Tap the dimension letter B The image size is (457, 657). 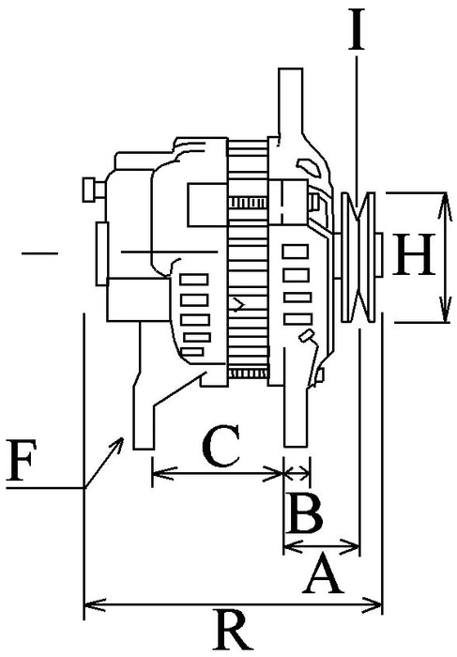click(305, 514)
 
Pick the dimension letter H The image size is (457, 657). click(414, 255)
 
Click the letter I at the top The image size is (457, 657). click(357, 30)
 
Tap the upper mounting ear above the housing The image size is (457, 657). click(290, 103)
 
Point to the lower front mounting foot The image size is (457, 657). click(295, 422)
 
